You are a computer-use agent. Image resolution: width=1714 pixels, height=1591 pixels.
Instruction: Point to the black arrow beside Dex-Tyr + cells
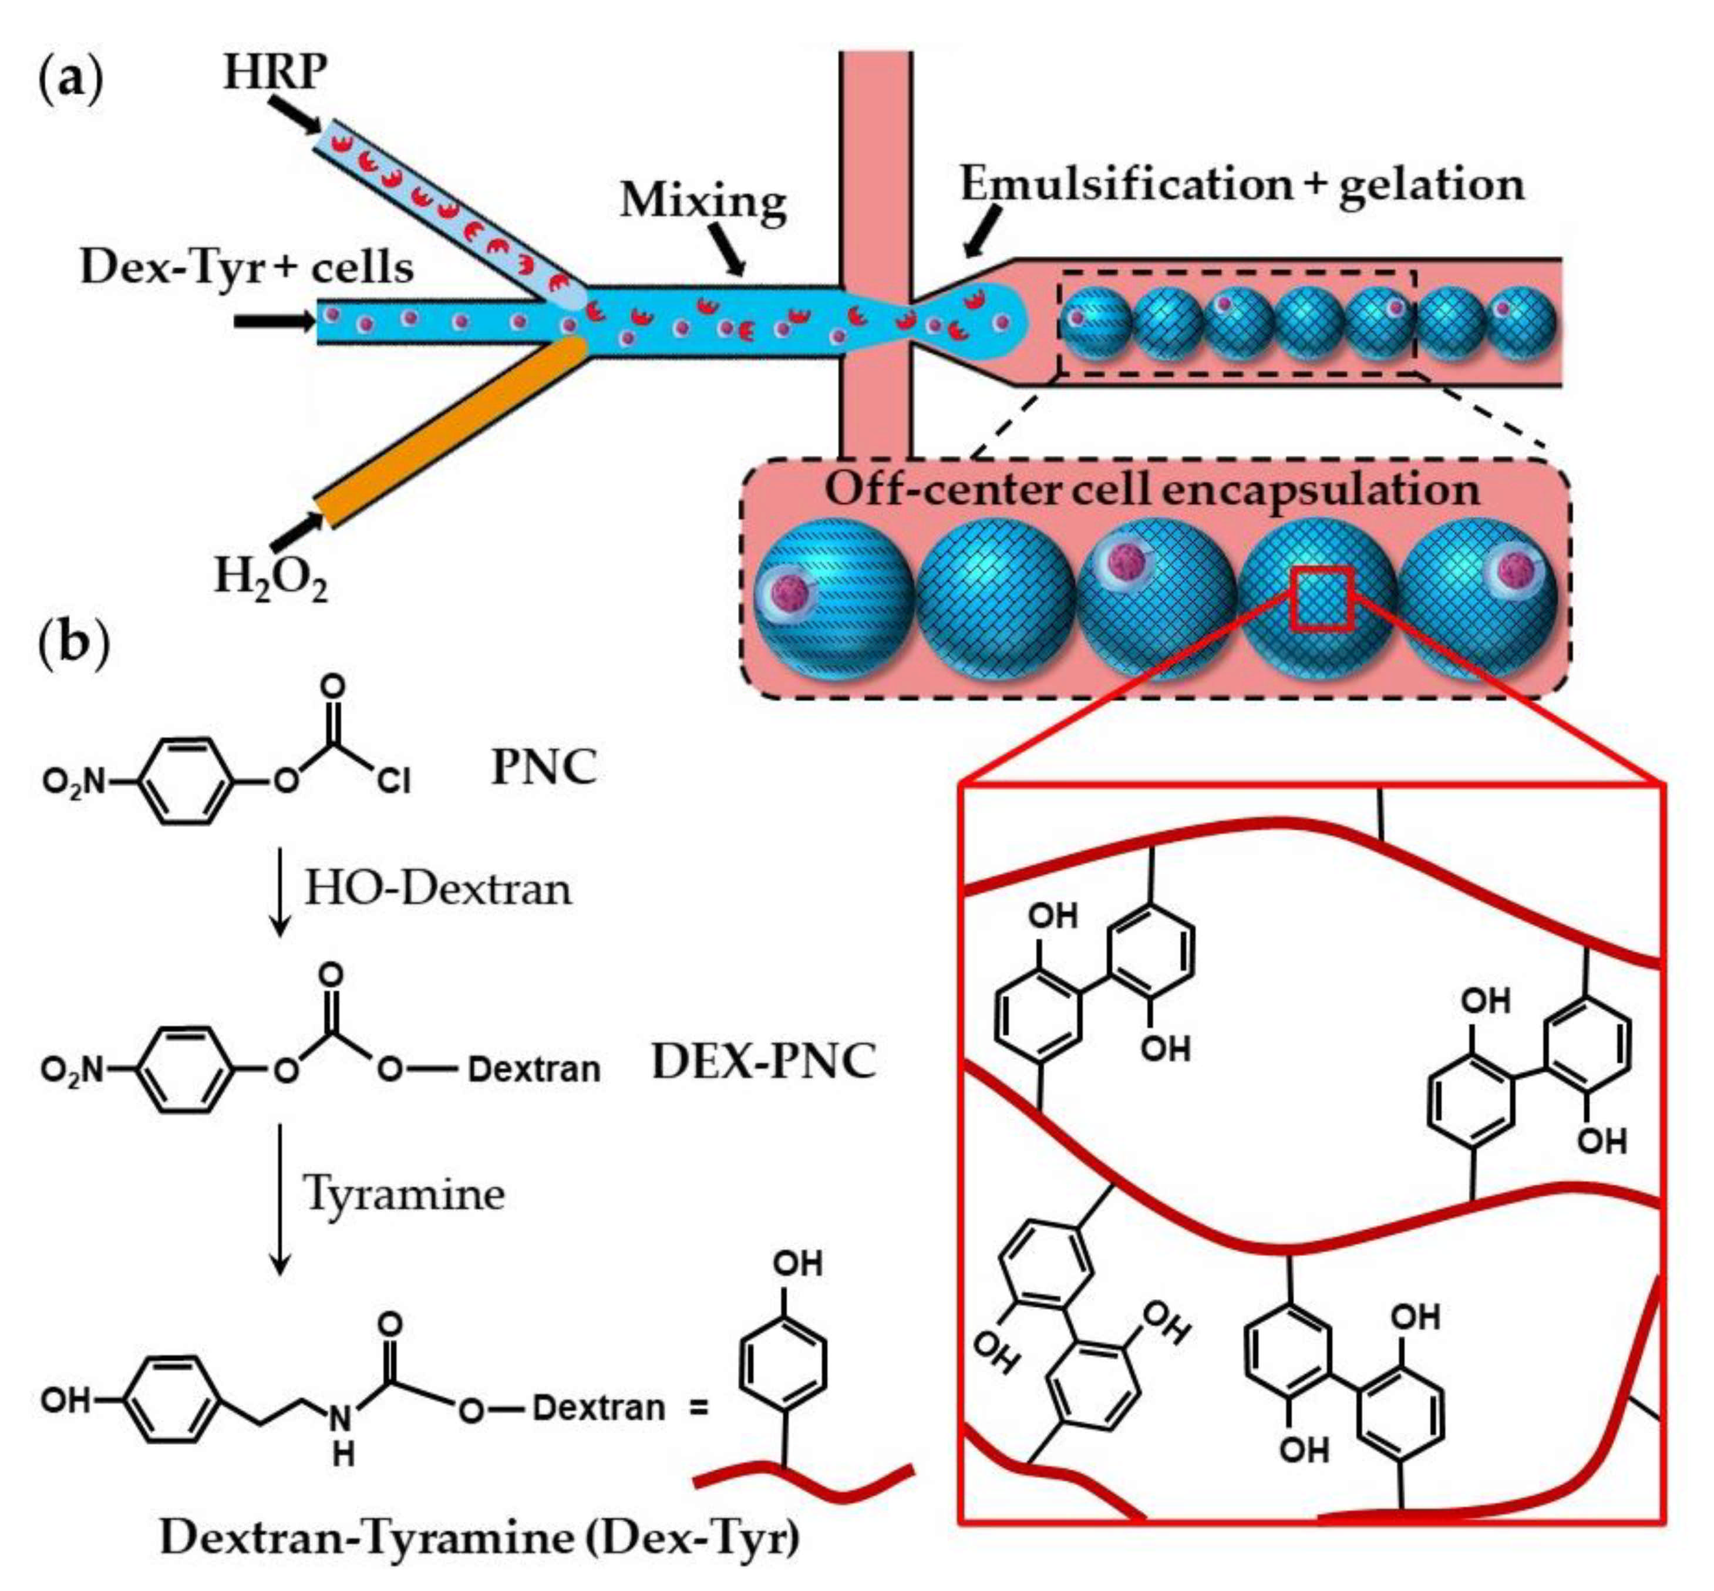[x=274, y=321]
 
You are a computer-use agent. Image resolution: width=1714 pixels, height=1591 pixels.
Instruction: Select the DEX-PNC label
[x=763, y=1061]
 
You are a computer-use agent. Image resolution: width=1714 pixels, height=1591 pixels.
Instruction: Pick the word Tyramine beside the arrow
[x=404, y=1193]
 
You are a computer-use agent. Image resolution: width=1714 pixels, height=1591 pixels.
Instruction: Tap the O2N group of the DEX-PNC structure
[x=74, y=1070]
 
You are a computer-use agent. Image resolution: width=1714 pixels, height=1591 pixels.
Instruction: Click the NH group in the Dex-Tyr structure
[x=343, y=1429]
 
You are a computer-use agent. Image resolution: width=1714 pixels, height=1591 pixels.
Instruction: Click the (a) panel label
[x=72, y=82]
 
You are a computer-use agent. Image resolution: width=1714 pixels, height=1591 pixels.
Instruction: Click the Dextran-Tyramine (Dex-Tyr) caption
[x=480, y=1538]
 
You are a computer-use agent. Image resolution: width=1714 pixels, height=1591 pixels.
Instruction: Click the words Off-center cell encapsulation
[x=1152, y=489]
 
